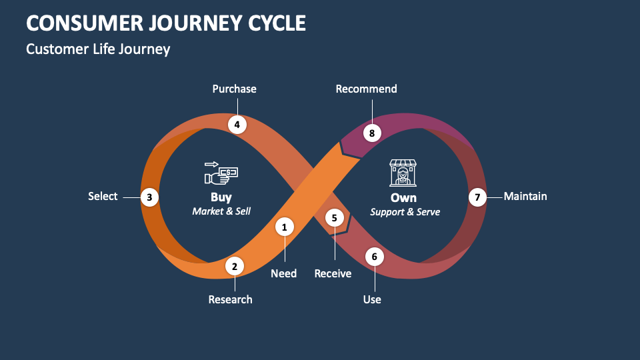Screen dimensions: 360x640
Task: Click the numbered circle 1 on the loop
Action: coord(285,227)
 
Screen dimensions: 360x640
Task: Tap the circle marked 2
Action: coord(234,267)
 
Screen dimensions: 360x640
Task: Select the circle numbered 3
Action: coord(150,197)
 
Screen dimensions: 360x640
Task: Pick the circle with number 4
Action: coord(237,124)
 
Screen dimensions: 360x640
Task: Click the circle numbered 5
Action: coord(334,217)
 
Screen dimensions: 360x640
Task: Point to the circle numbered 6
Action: coord(374,256)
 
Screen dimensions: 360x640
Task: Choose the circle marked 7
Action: coord(477,197)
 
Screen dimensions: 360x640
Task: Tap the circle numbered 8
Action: coord(372,133)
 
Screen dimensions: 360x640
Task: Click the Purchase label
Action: coord(234,89)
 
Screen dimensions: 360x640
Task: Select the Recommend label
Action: coord(366,89)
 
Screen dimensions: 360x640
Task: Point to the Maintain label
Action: coord(525,196)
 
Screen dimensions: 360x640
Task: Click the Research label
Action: coord(230,299)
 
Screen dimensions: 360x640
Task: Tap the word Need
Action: coord(283,273)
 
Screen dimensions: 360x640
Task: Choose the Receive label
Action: coord(333,273)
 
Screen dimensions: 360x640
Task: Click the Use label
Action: coord(372,299)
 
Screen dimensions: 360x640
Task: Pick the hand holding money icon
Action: coord(221,173)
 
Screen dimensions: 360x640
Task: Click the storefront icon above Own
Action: coord(403,173)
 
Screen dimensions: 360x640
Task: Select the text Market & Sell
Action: coord(221,211)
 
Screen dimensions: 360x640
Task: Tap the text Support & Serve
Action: coord(405,212)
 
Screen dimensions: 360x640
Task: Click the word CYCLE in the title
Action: coord(271,23)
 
